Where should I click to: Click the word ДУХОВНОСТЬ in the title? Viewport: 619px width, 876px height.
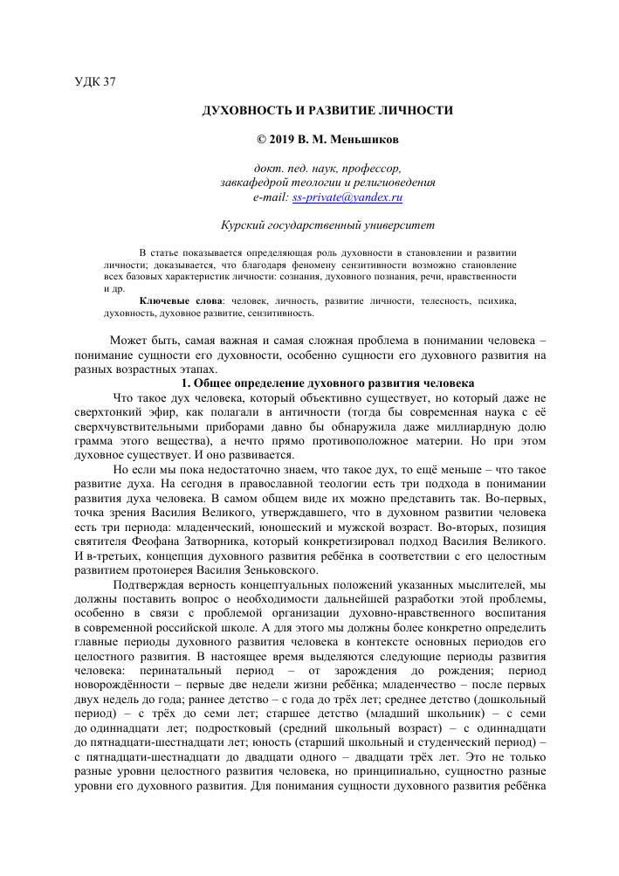click(x=243, y=111)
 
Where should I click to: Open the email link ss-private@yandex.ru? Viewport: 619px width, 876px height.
click(x=353, y=198)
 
